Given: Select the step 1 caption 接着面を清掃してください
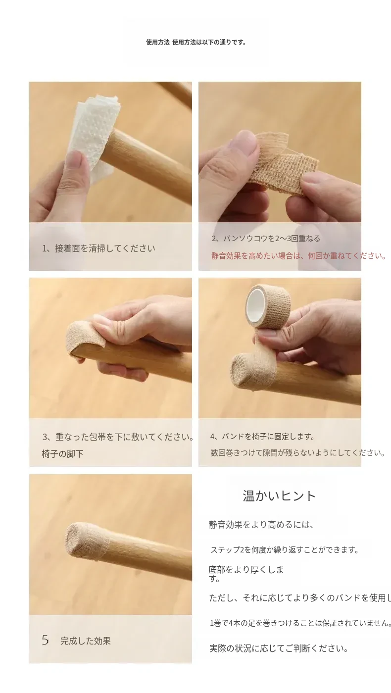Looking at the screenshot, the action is tap(105, 248).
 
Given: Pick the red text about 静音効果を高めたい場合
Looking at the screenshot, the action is tap(298, 256).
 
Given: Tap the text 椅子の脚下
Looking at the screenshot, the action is tap(62, 454).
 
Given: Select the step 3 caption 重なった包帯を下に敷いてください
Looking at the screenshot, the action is tap(123, 437).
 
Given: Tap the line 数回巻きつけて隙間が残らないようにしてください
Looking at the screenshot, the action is tap(298, 453).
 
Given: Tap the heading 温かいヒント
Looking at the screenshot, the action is tap(279, 495).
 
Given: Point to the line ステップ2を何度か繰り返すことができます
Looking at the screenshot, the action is tap(285, 550).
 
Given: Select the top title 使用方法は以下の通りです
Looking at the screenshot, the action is tap(209, 43).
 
